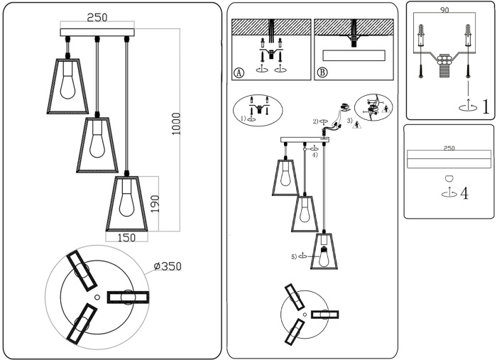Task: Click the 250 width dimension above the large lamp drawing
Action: point(97,18)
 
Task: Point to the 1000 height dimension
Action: point(176,124)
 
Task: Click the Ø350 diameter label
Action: point(168,266)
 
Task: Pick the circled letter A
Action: point(238,72)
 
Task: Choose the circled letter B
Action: point(322,72)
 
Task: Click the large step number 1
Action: point(486,107)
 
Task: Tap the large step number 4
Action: point(464,193)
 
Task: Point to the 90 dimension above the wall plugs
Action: point(444,11)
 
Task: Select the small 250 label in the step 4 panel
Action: point(449,148)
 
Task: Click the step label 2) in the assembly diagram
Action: point(315,121)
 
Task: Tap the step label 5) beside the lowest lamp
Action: point(293,256)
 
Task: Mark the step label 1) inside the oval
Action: point(243,119)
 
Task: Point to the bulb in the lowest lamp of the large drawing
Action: point(126,204)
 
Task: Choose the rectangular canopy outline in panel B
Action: point(354,55)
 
